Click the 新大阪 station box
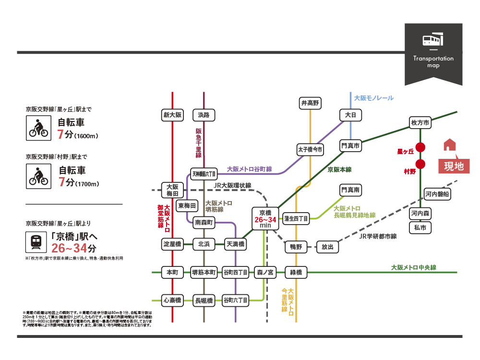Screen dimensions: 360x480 click(172, 115)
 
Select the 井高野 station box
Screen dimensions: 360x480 click(310, 103)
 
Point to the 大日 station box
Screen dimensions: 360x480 click(350, 115)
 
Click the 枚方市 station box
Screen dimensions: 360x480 click(420, 123)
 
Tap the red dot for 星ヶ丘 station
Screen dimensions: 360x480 click(420, 147)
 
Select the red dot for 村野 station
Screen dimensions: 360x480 click(420, 165)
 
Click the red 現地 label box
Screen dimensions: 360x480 click(454, 166)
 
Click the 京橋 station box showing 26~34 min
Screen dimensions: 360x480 click(265, 218)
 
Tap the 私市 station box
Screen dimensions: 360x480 click(420, 228)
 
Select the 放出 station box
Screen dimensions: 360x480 click(327, 247)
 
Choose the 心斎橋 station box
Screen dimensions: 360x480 click(172, 300)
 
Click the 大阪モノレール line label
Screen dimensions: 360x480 click(373, 98)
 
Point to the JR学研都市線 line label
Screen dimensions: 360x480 click(380, 236)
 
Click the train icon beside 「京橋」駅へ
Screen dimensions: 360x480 click(36, 242)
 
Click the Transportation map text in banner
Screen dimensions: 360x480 click(433, 61)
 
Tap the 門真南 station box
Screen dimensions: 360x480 click(350, 191)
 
